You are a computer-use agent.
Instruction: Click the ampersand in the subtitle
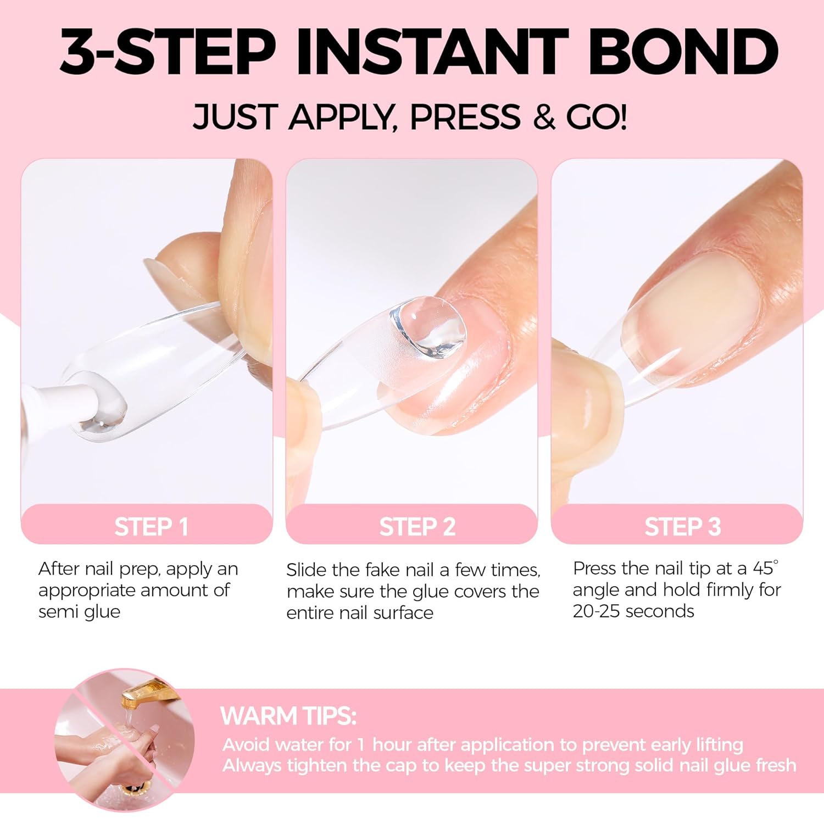coord(544,117)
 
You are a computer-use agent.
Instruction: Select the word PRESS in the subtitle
coord(465,117)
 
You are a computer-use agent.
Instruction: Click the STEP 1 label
coord(151,527)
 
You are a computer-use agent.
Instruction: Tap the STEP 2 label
coord(417,527)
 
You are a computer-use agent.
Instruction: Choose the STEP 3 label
coord(682,527)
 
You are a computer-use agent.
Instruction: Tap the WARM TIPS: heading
coord(288,716)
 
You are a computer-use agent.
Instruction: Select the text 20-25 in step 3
coord(597,611)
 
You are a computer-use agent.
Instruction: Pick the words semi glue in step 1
coord(79,611)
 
